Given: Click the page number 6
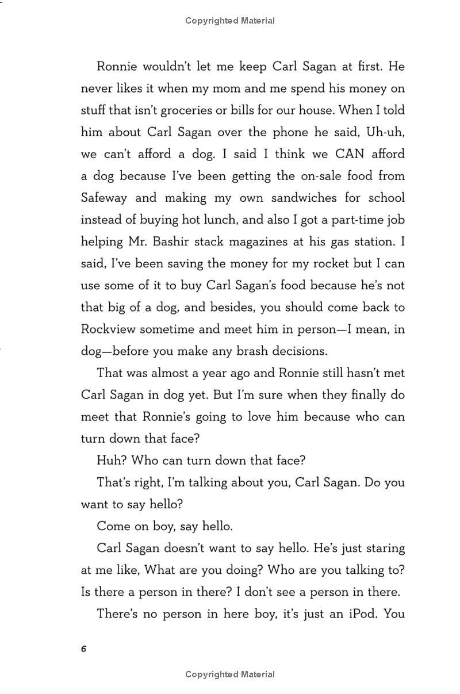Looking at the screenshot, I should click(84, 649).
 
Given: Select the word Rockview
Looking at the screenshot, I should click(108, 329).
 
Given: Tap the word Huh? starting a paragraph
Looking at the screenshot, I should click(112, 460).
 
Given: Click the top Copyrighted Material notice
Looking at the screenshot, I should click(230, 21).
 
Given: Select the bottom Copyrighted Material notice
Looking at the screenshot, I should click(230, 674).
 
